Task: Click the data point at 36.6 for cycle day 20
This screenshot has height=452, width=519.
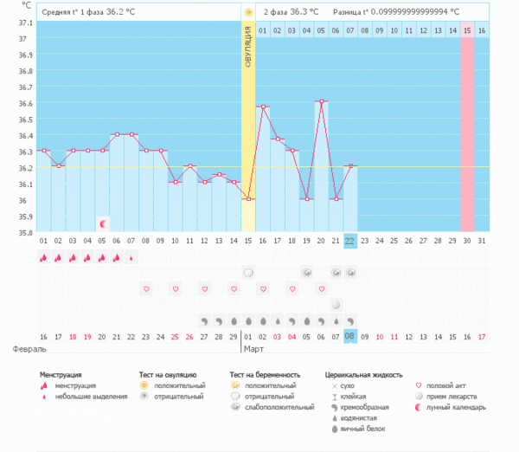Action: [x=320, y=101]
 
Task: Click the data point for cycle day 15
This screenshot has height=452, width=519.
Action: [x=248, y=199]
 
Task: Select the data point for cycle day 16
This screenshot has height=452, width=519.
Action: [x=263, y=107]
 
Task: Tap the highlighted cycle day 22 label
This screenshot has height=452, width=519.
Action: [x=349, y=240]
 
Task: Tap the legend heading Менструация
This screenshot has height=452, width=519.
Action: [x=64, y=375]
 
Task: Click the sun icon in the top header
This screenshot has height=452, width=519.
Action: [x=248, y=13]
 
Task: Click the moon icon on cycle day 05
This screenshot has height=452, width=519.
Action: [x=102, y=223]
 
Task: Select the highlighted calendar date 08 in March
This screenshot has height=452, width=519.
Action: [x=349, y=336]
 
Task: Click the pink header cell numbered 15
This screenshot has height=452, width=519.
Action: [x=467, y=30]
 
